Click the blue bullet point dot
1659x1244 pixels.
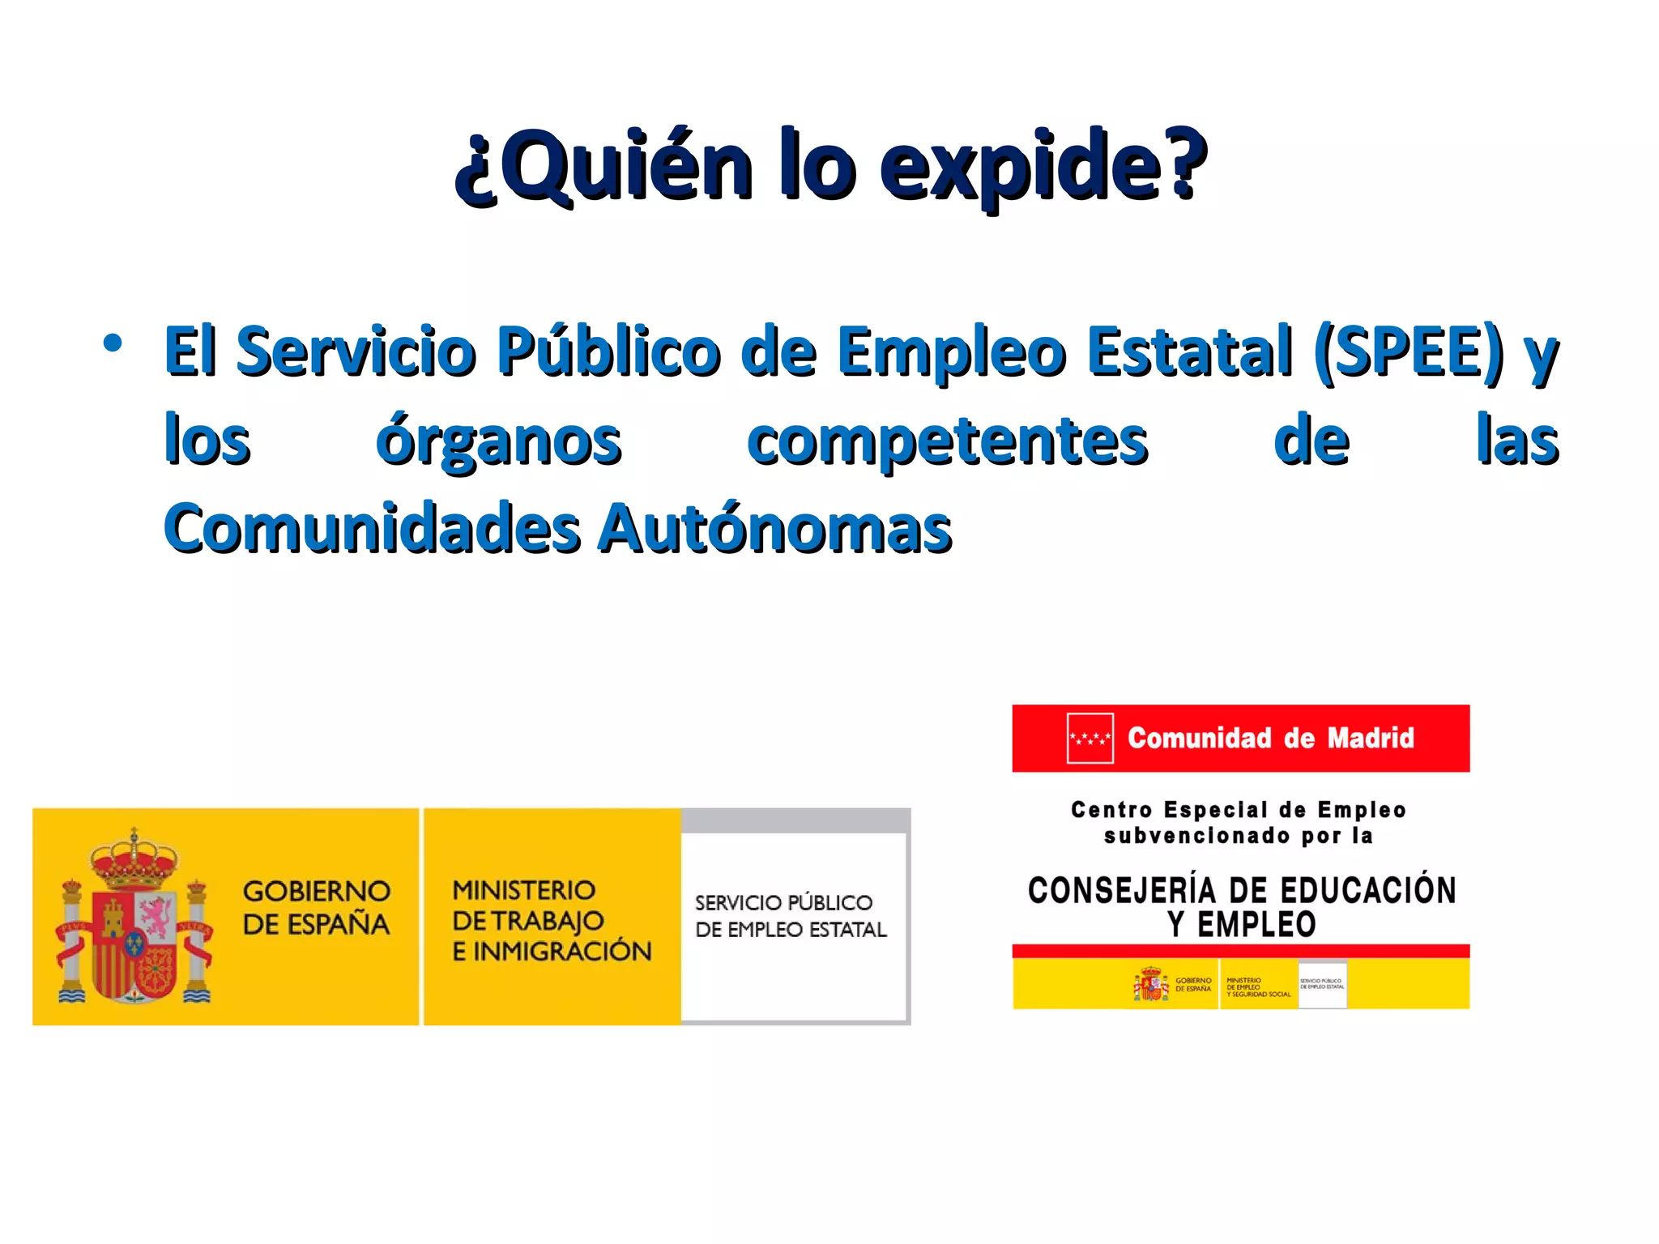[113, 343]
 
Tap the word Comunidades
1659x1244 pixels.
[373, 528]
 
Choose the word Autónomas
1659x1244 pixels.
[775, 528]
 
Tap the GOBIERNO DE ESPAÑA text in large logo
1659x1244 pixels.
[316, 907]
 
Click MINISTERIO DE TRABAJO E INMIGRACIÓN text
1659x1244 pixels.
[551, 920]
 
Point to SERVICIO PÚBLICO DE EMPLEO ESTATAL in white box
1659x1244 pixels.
[791, 916]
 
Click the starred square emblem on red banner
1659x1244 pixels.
[1090, 738]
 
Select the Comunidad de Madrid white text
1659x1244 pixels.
[1270, 738]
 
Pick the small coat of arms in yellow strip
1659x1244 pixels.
[1151, 984]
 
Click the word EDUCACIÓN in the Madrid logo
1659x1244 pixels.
[1368, 890]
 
